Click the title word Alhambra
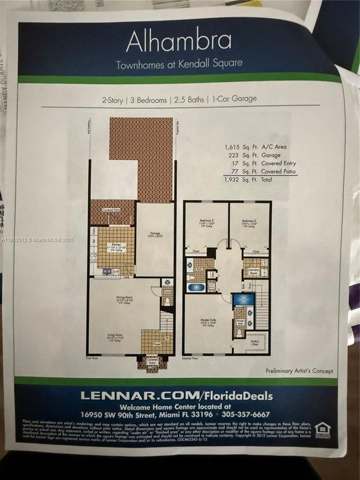pyautogui.click(x=179, y=41)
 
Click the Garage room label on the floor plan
pyautogui.click(x=154, y=235)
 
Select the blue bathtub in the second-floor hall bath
pyautogui.click(x=196, y=288)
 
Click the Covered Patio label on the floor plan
pyautogui.click(x=111, y=209)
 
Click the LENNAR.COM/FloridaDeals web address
pyautogui.click(x=177, y=395)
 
